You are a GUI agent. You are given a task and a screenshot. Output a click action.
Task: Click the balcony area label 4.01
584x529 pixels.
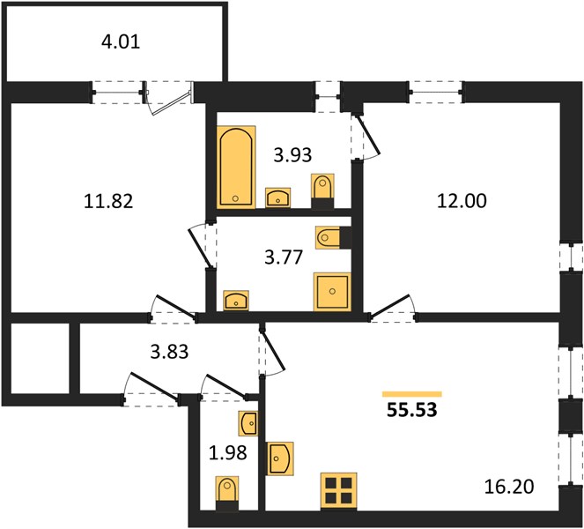(121, 41)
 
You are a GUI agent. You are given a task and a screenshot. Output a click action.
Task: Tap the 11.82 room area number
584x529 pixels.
(108, 201)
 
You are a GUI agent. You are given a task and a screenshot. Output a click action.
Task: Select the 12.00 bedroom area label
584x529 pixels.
(462, 201)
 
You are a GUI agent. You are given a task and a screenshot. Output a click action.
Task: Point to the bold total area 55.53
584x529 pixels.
(412, 410)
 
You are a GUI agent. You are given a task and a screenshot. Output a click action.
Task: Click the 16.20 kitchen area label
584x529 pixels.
(509, 487)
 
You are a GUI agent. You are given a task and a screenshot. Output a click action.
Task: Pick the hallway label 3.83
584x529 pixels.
(169, 352)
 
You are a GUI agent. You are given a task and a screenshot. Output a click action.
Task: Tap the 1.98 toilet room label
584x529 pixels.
(228, 452)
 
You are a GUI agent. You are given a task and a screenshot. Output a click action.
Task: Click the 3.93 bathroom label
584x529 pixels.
(292, 155)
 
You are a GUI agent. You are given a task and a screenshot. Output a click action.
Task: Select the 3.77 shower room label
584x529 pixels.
(284, 257)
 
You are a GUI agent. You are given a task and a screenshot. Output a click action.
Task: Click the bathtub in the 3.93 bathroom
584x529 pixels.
(237, 167)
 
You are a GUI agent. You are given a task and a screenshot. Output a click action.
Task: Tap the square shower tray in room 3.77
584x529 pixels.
(332, 291)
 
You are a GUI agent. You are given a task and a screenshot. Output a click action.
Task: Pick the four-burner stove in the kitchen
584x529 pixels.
(339, 491)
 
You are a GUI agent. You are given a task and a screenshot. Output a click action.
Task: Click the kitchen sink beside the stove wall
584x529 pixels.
(280, 458)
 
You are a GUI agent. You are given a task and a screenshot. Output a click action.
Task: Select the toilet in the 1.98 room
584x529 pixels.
(227, 493)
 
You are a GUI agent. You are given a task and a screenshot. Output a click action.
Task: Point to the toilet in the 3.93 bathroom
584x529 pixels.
(323, 190)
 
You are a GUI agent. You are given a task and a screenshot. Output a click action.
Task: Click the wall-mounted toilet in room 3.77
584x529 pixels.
(333, 237)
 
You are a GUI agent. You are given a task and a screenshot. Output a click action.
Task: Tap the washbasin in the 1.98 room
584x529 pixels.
(248, 423)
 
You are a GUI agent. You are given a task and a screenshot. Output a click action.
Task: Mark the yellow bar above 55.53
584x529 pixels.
(412, 394)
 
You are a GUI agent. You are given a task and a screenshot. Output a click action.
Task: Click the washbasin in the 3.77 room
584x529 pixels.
(236, 300)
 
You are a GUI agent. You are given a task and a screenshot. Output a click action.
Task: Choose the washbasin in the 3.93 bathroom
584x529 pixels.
(278, 197)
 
